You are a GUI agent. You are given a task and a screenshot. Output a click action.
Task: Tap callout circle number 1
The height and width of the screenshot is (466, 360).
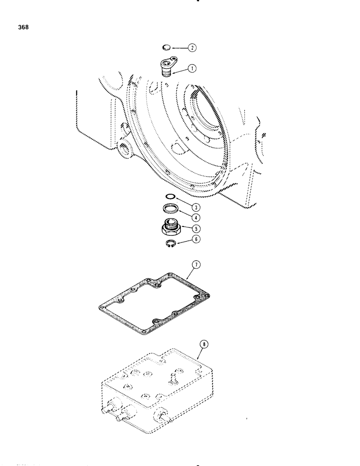pos(192,68)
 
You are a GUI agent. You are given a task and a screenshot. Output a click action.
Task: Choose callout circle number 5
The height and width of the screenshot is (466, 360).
pos(197,228)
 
